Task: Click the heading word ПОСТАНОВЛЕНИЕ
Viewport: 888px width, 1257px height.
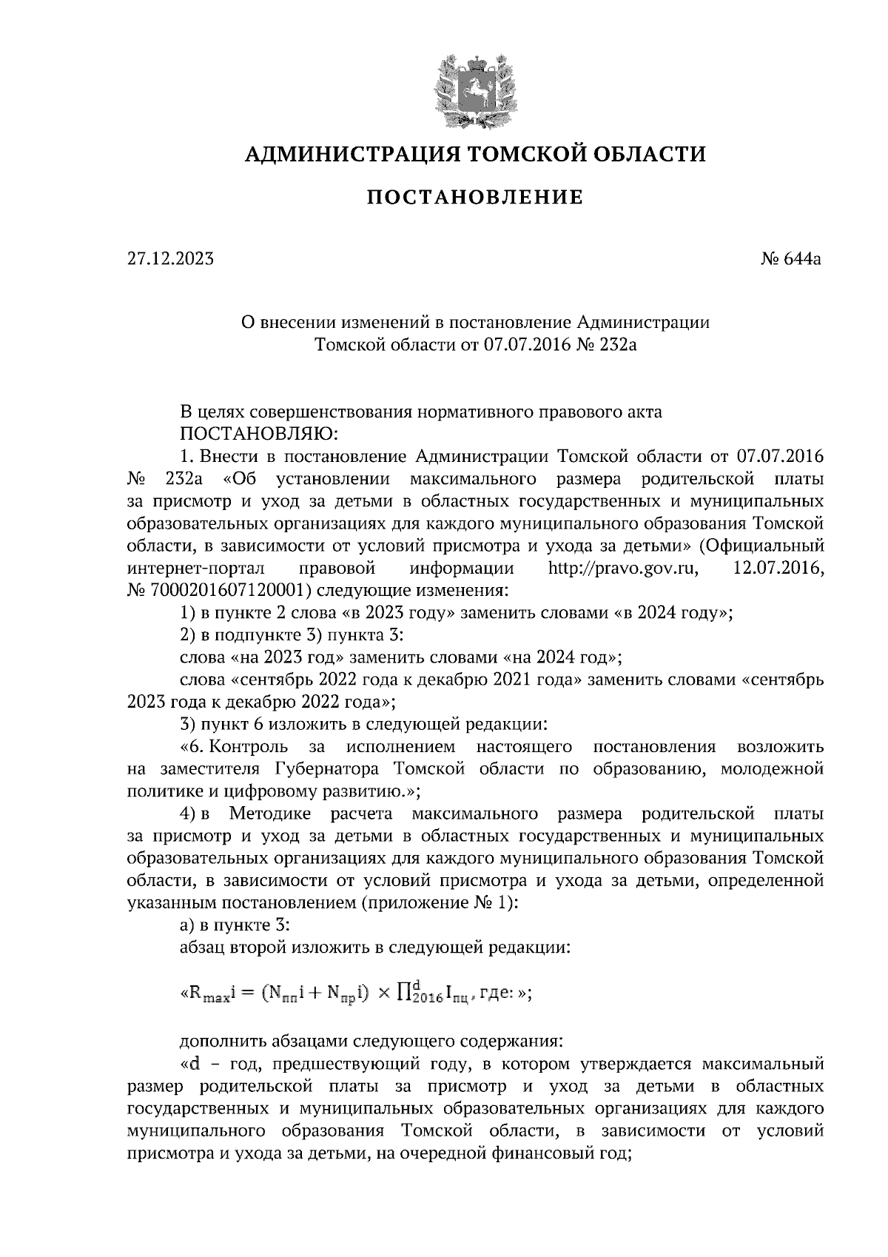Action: coord(475,198)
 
